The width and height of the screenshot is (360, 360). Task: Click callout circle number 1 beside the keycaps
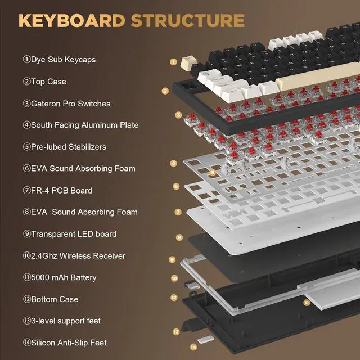click(174, 62)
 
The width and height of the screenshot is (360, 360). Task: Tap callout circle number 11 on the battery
click(307, 302)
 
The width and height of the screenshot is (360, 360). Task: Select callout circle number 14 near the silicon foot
click(193, 347)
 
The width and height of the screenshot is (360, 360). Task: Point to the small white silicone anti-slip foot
click(207, 340)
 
